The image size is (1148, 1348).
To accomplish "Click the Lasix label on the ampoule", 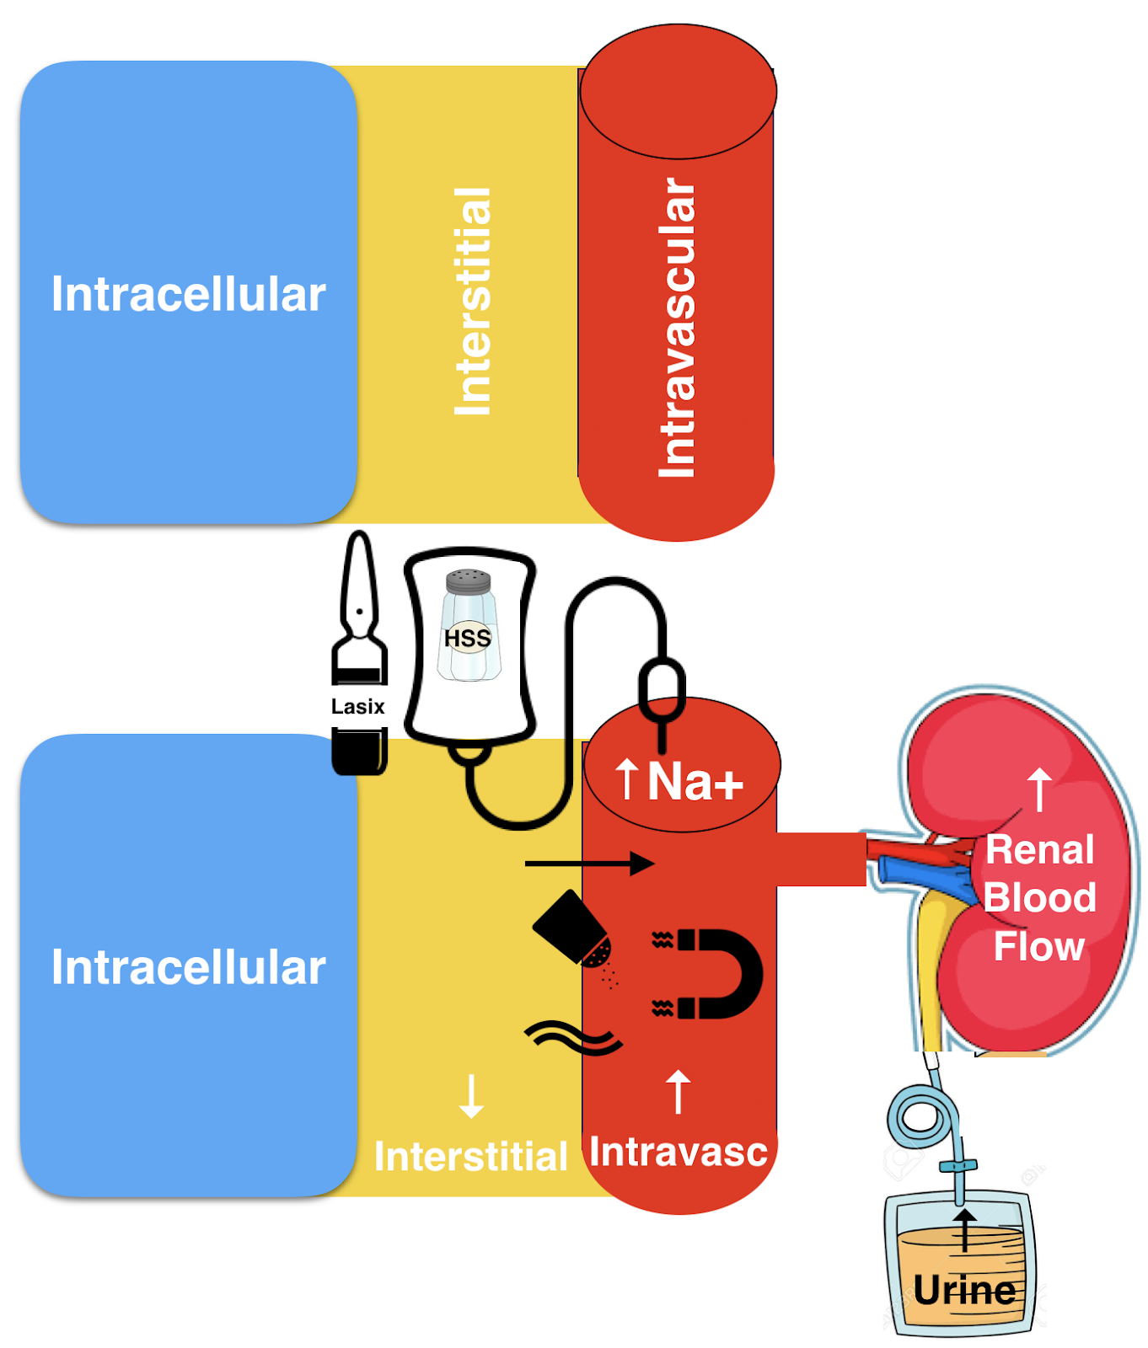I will click(357, 706).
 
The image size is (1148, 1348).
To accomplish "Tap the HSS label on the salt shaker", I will click(468, 638).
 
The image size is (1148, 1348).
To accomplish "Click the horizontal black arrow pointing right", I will click(589, 864).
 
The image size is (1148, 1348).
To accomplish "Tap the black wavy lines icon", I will click(574, 1038).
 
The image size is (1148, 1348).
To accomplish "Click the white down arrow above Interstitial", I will click(471, 1095).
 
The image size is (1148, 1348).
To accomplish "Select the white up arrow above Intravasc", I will click(678, 1091).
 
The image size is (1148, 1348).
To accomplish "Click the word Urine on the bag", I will click(964, 1290).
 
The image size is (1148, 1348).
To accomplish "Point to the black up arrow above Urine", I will click(965, 1231).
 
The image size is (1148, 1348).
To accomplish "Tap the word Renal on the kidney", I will click(1040, 849).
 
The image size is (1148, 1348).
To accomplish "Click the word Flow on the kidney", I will click(1038, 946).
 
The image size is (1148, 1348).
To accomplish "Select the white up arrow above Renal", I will click(1040, 789).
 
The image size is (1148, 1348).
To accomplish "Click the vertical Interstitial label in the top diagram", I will click(473, 301).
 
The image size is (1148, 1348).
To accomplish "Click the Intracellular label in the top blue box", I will click(188, 294).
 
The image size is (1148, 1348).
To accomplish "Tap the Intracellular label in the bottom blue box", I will click(188, 967).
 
